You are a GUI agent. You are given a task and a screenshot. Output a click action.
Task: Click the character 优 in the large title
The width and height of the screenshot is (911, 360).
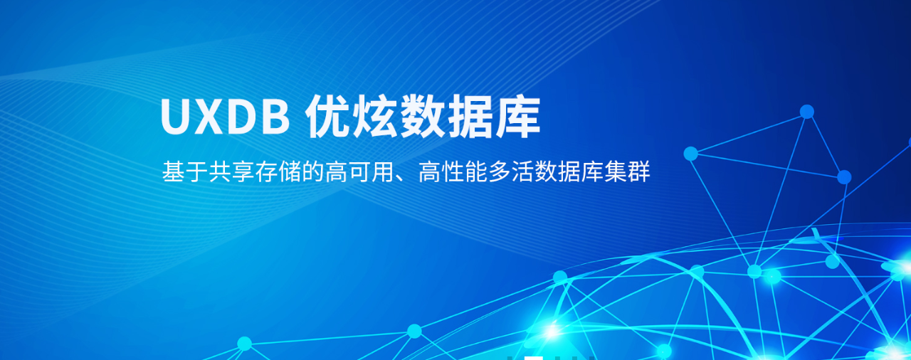pos(329,117)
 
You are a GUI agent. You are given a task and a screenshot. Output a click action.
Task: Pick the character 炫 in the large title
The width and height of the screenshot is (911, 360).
pos(375,117)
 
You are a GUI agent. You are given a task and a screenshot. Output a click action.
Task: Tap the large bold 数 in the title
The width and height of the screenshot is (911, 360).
pos(423,117)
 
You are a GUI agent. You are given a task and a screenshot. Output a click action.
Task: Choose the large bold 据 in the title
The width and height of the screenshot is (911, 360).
pos(470,117)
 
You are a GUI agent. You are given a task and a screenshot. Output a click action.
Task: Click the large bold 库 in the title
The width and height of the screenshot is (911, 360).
pos(517,117)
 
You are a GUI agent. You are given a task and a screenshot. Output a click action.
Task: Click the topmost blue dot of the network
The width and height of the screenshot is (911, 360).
pos(807,112)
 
